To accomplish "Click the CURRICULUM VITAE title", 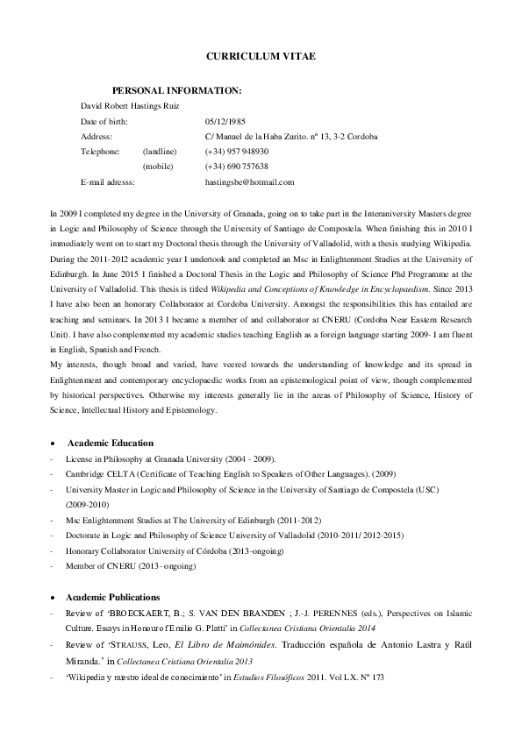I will (x=261, y=55).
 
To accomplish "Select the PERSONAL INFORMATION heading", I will (x=177, y=90).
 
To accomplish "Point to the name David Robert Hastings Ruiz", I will (x=130, y=106).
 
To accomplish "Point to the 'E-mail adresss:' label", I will (x=107, y=181).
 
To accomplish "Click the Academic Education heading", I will (x=110, y=443).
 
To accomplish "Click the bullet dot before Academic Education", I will (x=55, y=444).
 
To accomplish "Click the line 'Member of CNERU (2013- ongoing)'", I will (x=131, y=566).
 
